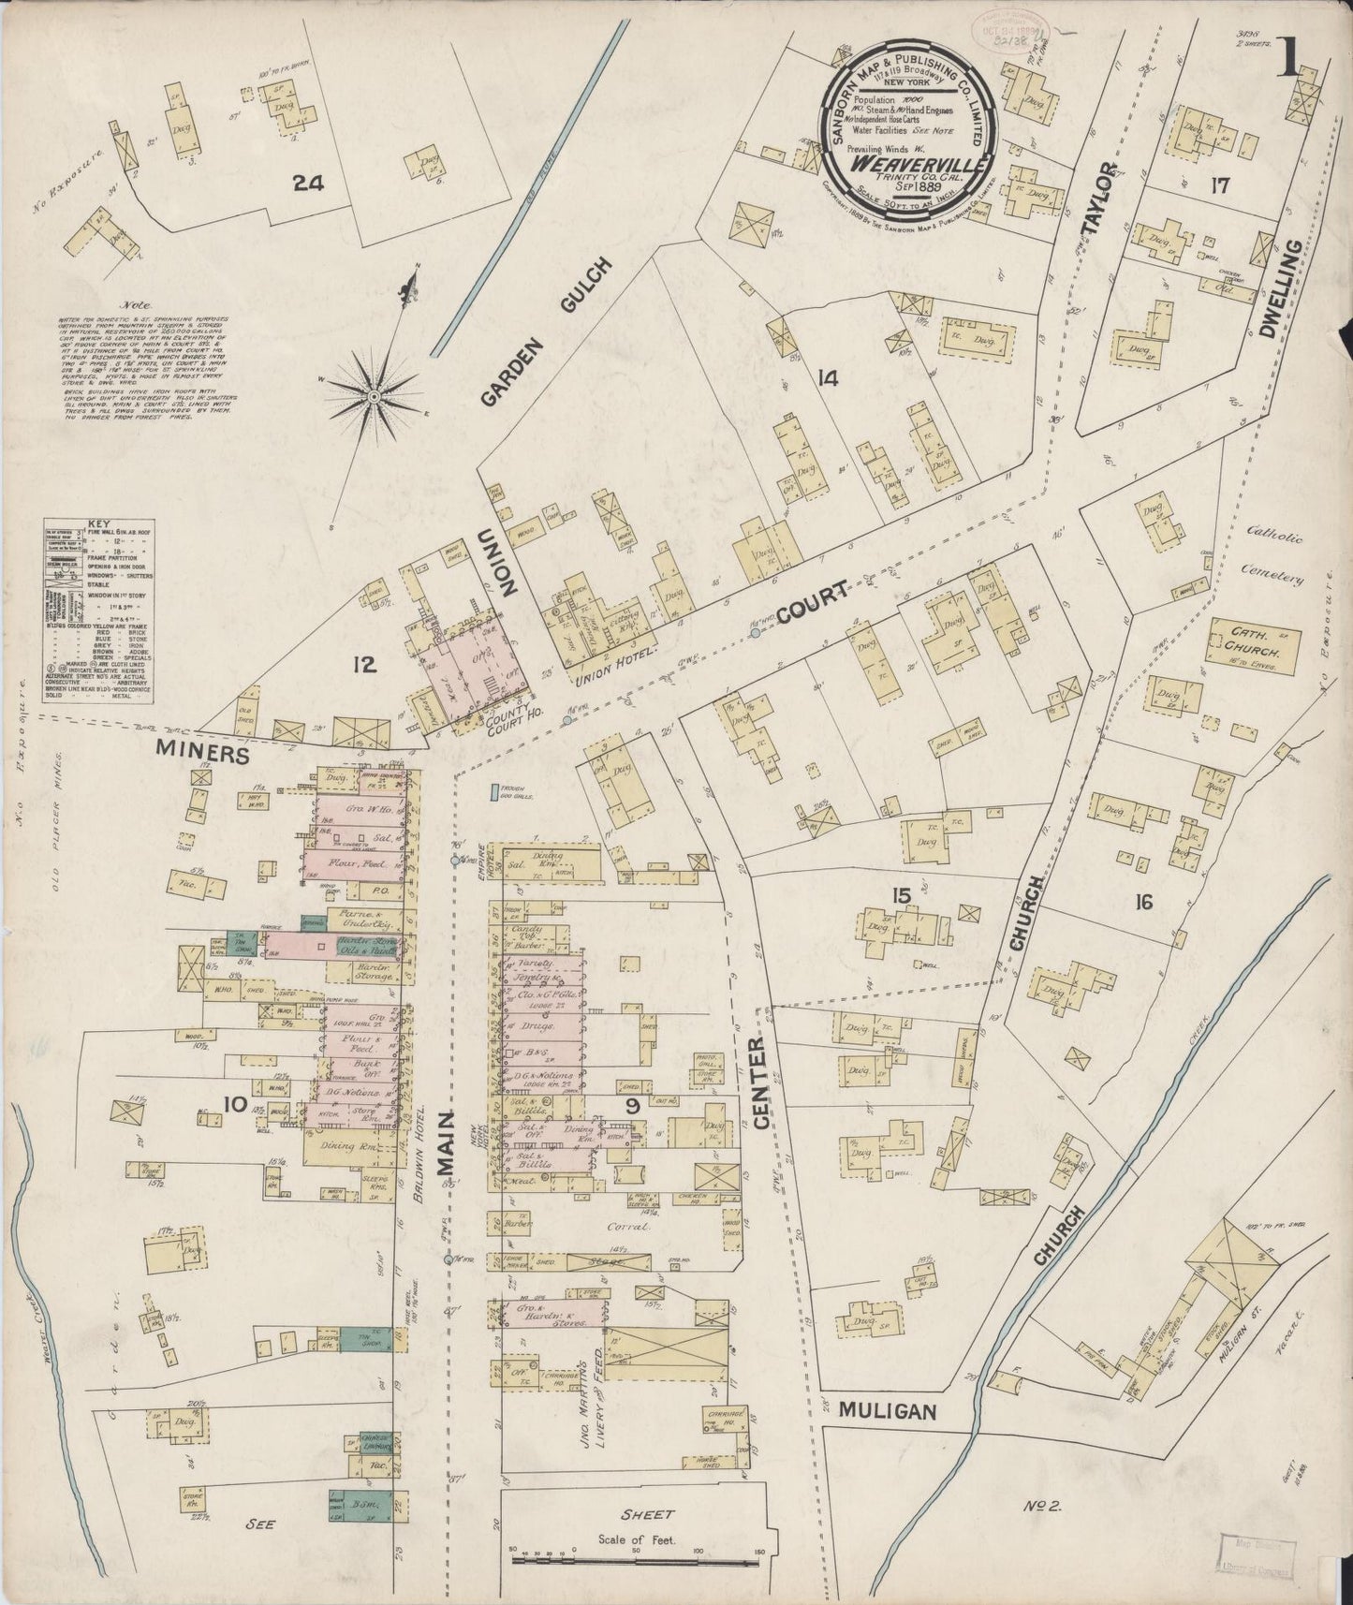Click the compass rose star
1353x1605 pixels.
(374, 397)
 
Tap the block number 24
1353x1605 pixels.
(307, 184)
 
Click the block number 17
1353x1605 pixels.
(1218, 185)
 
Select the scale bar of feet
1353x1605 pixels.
(636, 1559)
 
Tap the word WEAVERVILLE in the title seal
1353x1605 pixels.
(903, 162)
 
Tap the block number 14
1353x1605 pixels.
(826, 378)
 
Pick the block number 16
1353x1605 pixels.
(1142, 902)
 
